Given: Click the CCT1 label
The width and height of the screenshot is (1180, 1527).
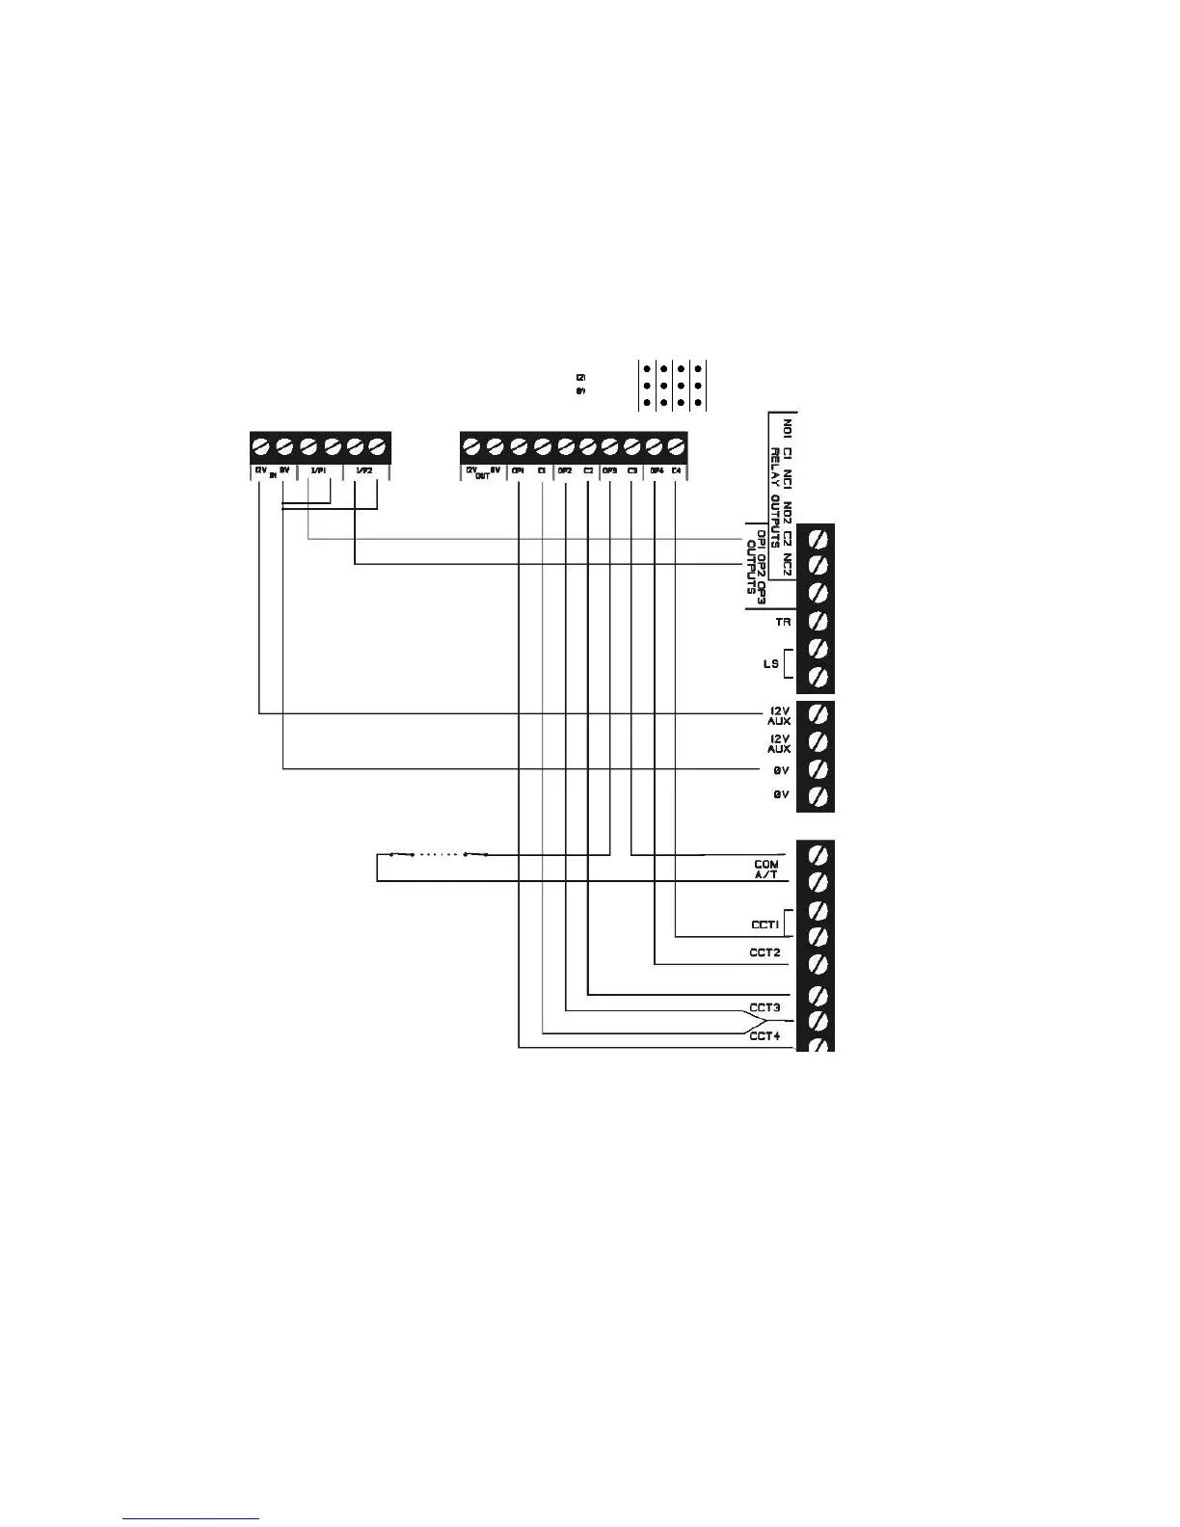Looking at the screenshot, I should point(764,924).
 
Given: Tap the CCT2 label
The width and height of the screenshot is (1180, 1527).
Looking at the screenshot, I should point(764,952).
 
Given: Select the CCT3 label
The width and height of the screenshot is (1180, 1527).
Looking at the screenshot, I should point(764,1008).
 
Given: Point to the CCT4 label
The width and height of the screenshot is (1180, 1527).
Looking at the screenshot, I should point(764,1036).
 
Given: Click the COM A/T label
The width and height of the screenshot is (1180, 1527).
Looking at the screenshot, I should point(766,871).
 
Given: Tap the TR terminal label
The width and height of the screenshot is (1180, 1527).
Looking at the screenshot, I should point(783,622).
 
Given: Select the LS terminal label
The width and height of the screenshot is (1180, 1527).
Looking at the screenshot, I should point(770,664).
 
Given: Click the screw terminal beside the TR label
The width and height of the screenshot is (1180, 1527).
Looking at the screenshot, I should point(818,620).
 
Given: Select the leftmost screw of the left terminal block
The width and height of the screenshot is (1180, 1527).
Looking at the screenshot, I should point(261,446).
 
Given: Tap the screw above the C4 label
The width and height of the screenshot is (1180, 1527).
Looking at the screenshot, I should point(678,446).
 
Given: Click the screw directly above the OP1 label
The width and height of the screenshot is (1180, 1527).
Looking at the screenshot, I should point(519,446).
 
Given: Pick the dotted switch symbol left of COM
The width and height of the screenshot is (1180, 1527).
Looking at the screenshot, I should point(439,854).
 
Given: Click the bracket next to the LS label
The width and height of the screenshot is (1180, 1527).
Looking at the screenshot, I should point(790,664).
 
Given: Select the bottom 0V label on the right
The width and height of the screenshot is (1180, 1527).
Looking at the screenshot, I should point(781,795).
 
